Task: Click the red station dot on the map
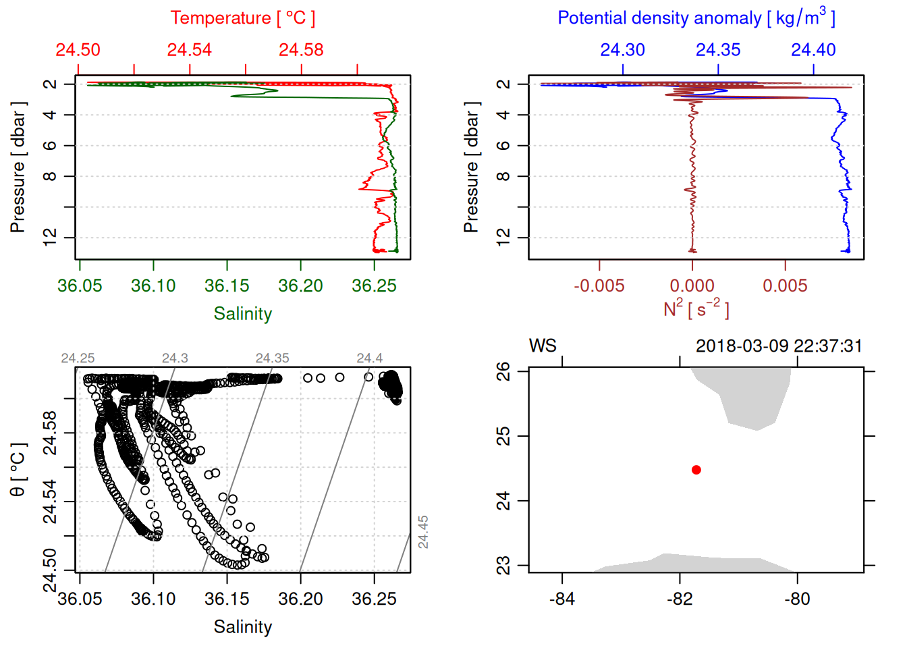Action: [696, 470]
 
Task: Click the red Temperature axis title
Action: [242, 18]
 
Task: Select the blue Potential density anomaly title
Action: [696, 18]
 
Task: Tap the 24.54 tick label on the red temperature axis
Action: [190, 50]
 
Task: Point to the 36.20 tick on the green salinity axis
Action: [300, 286]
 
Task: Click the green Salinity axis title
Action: [242, 314]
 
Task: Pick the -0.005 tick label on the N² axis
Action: [599, 286]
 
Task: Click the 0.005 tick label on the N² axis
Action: [785, 286]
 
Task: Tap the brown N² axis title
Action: [696, 308]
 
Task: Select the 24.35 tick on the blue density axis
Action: [718, 50]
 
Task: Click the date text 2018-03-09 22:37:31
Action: [779, 346]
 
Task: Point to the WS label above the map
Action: [543, 346]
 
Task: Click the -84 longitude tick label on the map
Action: [561, 599]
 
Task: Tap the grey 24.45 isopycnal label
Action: [423, 532]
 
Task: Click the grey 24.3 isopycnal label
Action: [175, 358]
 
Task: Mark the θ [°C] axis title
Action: [18, 470]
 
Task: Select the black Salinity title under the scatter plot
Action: [242, 627]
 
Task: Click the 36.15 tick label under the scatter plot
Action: [227, 599]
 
